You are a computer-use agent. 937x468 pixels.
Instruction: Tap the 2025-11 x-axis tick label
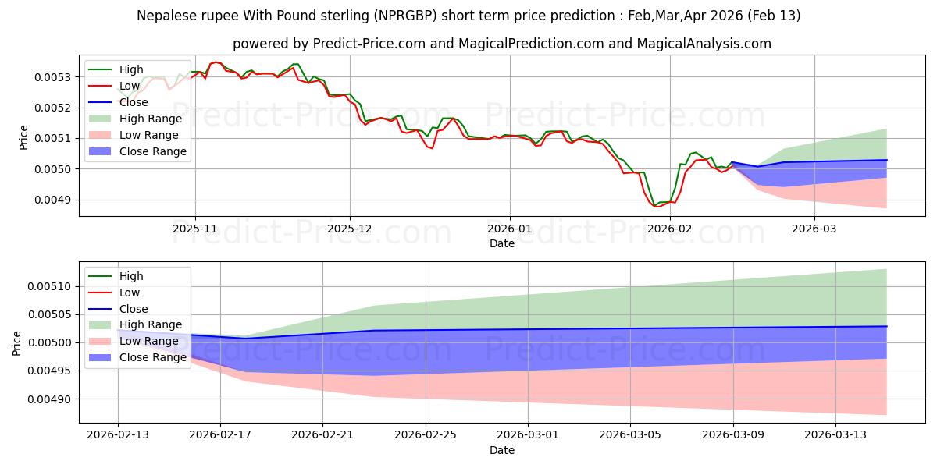195,230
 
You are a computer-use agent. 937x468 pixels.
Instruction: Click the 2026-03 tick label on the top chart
814,230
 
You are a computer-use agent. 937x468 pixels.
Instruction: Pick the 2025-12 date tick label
350,230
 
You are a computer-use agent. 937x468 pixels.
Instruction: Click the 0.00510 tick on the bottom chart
51,286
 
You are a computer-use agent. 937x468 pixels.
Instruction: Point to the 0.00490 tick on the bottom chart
51,399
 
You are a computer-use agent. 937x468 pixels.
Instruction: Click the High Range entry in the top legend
150,119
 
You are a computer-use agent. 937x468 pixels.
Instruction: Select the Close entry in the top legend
134,102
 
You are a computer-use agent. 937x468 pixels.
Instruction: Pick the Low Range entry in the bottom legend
149,341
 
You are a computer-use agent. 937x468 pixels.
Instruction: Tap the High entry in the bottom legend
131,276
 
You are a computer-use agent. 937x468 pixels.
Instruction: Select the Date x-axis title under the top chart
501,243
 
